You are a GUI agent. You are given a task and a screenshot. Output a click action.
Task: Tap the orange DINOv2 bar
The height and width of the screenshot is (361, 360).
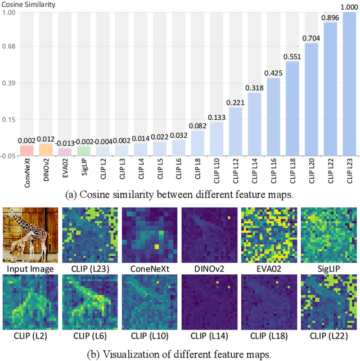pyautogui.click(x=46, y=149)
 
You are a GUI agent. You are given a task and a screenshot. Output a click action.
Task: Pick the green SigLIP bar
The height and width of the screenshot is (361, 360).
pyautogui.click(x=84, y=151)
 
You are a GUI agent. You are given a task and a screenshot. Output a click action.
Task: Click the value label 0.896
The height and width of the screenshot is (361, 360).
pyautogui.click(x=330, y=17)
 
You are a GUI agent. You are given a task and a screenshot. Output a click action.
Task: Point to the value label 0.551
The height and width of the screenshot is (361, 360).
pyautogui.click(x=292, y=56)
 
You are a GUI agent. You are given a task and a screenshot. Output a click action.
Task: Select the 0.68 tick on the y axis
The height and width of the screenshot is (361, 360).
pyautogui.click(x=10, y=47)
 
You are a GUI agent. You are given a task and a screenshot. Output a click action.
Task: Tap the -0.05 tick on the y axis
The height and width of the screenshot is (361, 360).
pyautogui.click(x=8, y=156)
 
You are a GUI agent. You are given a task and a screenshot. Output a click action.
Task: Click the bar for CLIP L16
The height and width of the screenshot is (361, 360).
pyautogui.click(x=273, y=116)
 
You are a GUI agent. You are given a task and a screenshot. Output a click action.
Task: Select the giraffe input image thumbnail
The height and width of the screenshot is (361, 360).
pyautogui.click(x=30, y=235)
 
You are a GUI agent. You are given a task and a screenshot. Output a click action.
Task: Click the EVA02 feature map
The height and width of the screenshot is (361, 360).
pyautogui.click(x=269, y=235)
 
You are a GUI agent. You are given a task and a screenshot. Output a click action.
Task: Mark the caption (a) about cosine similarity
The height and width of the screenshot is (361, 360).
pyautogui.click(x=179, y=195)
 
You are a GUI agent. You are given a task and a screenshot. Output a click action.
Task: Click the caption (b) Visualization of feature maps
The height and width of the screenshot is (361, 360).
pyautogui.click(x=179, y=354)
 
